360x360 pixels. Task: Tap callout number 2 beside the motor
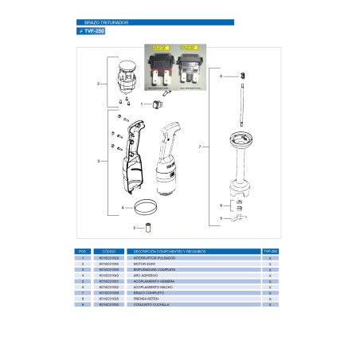98,82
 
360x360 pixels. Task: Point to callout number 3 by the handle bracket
98,161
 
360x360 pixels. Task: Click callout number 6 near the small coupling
221,76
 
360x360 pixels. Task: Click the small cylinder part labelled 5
149,228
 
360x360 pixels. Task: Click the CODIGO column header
110,252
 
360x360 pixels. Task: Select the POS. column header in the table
83,252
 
